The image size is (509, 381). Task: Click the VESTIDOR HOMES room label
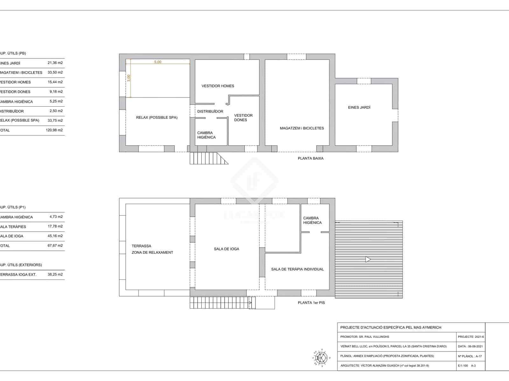point(218,86)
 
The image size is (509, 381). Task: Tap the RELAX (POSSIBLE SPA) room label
point(157,117)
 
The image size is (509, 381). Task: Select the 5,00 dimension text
point(157,62)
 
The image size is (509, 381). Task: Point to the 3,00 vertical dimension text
point(129,78)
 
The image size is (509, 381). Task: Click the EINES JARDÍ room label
point(359,108)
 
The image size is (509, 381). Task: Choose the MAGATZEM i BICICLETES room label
point(302,128)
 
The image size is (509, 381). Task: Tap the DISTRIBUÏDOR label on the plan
point(210,111)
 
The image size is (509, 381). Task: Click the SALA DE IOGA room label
point(226,249)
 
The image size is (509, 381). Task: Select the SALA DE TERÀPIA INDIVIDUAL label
point(297,269)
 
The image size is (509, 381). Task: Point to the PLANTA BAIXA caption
point(310,158)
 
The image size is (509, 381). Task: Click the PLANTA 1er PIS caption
point(311,303)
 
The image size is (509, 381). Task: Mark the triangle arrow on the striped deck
point(368,259)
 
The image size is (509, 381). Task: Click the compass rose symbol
point(321,358)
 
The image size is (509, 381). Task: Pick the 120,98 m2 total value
point(54,130)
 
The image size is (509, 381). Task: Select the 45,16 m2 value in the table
point(55,236)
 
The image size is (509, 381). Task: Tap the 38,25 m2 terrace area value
point(55,274)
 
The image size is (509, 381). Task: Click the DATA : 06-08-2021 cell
point(470,346)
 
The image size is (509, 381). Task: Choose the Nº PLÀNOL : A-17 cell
point(470,356)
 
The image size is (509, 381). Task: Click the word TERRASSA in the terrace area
point(141,246)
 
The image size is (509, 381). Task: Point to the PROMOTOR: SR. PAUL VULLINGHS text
point(365,337)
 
